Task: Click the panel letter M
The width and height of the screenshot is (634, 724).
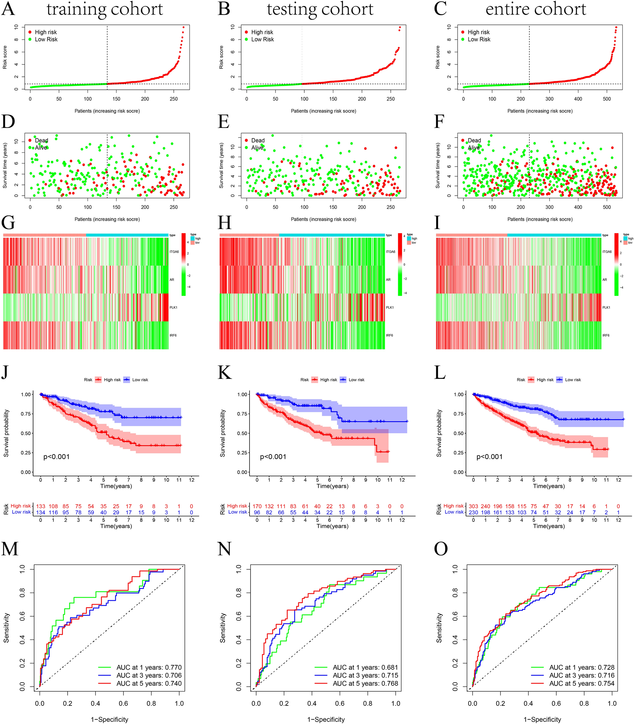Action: click(10, 549)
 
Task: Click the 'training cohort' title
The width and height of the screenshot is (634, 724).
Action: click(105, 9)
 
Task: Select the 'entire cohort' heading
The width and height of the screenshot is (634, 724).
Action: click(536, 9)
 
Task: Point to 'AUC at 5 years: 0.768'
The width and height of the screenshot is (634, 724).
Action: click(365, 683)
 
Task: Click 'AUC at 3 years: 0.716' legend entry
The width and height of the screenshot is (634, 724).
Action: click(582, 675)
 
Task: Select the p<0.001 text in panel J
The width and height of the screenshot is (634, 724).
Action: click(56, 457)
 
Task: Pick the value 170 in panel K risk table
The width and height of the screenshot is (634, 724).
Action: click(257, 506)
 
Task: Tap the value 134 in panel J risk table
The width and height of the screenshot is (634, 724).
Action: click(41, 512)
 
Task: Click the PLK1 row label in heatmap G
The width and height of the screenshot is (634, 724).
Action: click(173, 307)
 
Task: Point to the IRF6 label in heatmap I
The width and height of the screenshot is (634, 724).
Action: click(606, 335)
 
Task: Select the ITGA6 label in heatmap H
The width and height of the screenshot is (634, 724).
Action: click(390, 252)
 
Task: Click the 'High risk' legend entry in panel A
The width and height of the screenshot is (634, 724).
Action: click(45, 32)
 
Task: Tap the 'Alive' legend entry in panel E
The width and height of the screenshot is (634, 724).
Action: click(257, 148)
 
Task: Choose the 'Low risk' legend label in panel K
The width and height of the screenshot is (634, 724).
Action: click(356, 380)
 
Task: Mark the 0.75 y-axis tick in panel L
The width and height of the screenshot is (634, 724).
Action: click(458, 414)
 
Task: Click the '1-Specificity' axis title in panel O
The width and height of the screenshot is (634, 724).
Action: click(542, 719)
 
